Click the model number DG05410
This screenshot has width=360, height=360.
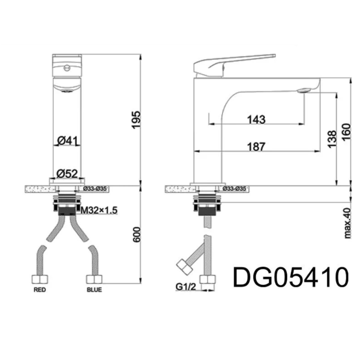[x=291, y=277]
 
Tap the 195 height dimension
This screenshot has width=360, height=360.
[x=136, y=120]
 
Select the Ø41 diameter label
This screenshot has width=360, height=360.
[x=68, y=140]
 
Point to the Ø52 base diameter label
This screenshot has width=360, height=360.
[x=67, y=174]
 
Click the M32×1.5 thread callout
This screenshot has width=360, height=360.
[x=99, y=210]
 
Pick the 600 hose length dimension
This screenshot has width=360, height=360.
[x=137, y=234]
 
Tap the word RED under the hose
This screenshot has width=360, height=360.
[x=40, y=290]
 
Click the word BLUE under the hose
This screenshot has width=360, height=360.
[x=94, y=290]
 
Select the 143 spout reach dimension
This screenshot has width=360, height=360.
[x=256, y=119]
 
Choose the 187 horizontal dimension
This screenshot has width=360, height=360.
[x=256, y=146]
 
